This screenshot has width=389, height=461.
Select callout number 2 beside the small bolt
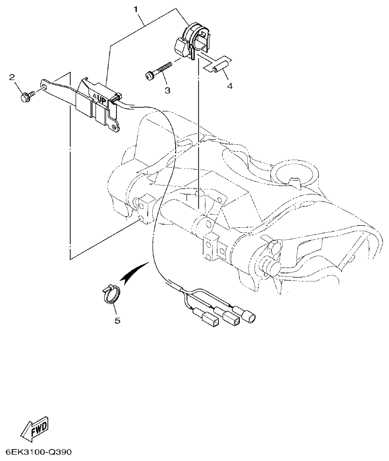click(12, 77)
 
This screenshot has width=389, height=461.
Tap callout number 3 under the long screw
click(167, 90)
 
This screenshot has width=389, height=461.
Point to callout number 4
click(230, 86)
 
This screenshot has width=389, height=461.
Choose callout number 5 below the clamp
click(117, 320)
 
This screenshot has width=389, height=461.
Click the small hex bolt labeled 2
click(26, 96)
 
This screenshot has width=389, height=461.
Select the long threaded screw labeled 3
click(158, 70)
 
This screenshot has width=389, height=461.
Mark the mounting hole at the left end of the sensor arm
click(46, 88)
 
